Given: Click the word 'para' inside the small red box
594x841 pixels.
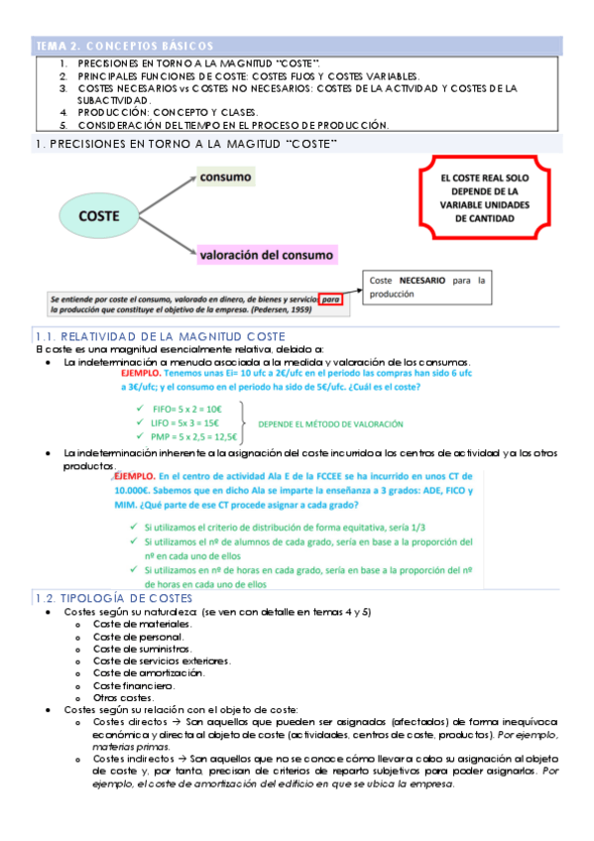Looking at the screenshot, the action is coord(333,297).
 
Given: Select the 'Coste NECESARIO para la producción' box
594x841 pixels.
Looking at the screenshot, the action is coord(426,288).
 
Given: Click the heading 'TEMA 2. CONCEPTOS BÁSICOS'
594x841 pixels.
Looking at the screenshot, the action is coord(123,47).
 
